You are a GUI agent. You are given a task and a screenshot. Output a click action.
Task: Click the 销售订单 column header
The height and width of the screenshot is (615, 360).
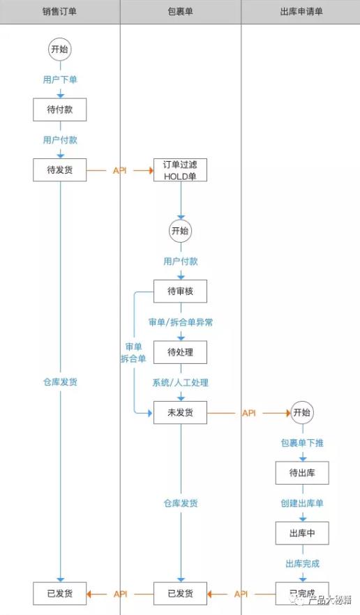[x=59, y=12]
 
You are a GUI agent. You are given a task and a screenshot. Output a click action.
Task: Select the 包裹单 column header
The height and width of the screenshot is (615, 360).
[x=180, y=12]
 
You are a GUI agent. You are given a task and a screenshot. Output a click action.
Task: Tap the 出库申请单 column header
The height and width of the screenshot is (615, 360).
[x=301, y=12]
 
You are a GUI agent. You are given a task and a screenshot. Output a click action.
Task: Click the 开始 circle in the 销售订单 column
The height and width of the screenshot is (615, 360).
[x=59, y=50]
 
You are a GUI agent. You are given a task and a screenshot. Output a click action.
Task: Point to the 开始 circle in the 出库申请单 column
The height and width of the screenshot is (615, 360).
[x=301, y=413]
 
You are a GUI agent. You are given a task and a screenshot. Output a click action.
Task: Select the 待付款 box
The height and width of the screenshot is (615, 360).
[x=59, y=109]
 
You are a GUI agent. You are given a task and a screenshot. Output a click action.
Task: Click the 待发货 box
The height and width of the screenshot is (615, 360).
[x=59, y=169]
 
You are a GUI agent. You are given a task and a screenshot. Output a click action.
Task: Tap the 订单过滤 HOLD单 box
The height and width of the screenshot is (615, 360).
[x=180, y=170]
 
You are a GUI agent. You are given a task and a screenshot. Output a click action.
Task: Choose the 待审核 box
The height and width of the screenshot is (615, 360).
[x=180, y=291]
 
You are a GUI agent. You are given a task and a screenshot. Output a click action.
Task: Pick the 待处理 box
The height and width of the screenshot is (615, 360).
[x=180, y=352]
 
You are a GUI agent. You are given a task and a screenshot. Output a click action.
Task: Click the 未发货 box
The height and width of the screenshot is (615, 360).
[x=180, y=413]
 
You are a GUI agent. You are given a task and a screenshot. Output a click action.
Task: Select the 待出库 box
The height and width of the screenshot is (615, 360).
[x=301, y=473]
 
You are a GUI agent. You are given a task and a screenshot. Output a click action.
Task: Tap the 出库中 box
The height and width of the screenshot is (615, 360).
[x=301, y=533]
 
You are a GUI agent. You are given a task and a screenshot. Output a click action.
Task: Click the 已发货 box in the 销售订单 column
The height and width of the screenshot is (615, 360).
[x=59, y=593]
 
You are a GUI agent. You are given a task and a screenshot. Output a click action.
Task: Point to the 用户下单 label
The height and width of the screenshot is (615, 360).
[x=59, y=79]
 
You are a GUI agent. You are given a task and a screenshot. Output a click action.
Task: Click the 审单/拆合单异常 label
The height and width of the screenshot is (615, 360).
[x=180, y=322]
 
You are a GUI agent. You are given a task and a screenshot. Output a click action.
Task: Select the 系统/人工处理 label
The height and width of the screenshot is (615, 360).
[x=180, y=383]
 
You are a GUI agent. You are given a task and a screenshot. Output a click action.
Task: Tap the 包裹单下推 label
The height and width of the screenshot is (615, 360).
[x=301, y=443]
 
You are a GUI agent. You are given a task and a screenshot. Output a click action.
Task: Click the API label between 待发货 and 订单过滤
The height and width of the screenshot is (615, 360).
[x=119, y=170]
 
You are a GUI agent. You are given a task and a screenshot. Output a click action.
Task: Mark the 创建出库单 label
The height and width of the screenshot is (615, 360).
[x=301, y=503]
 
